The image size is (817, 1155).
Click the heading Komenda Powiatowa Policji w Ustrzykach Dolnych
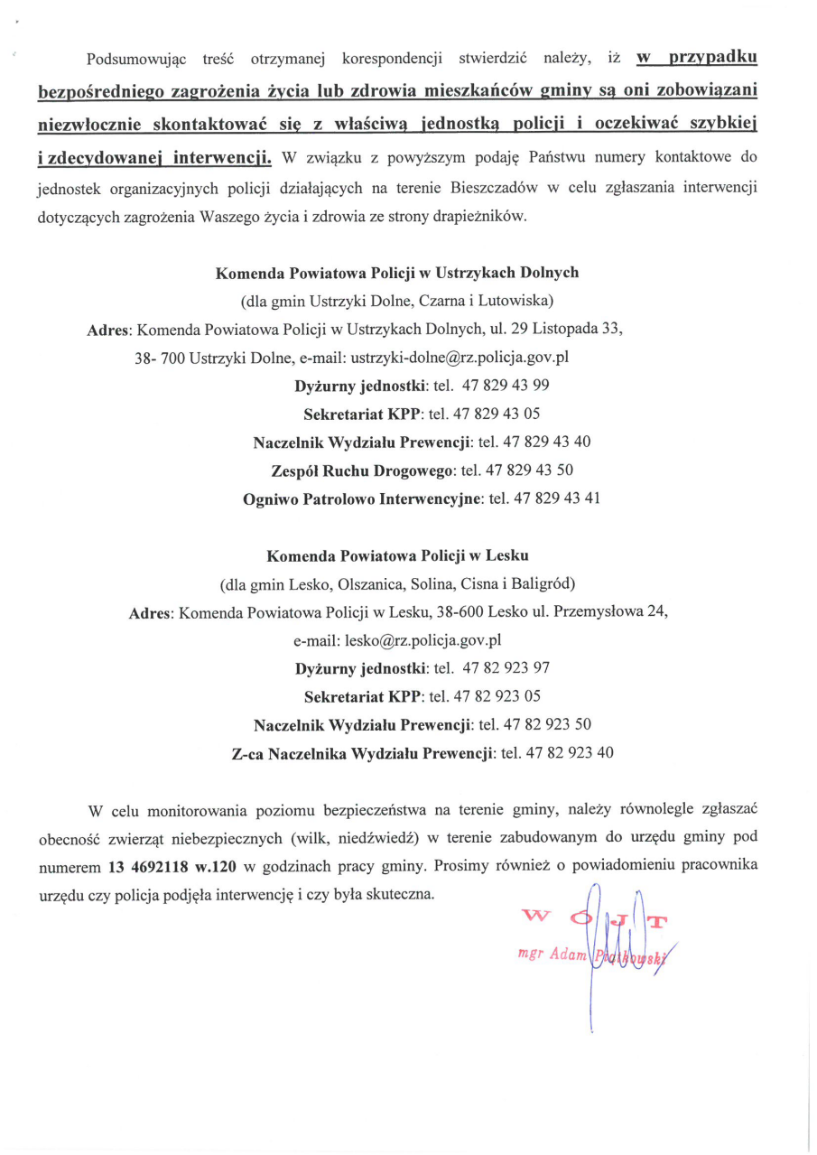tap(396, 273)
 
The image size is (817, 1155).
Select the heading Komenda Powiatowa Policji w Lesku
tap(397, 554)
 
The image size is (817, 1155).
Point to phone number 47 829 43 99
tap(506, 386)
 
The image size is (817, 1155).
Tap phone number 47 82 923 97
tap(506, 668)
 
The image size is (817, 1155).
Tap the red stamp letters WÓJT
tap(596, 919)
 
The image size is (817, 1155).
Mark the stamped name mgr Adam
tap(552, 955)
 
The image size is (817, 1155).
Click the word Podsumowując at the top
tap(135, 60)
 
